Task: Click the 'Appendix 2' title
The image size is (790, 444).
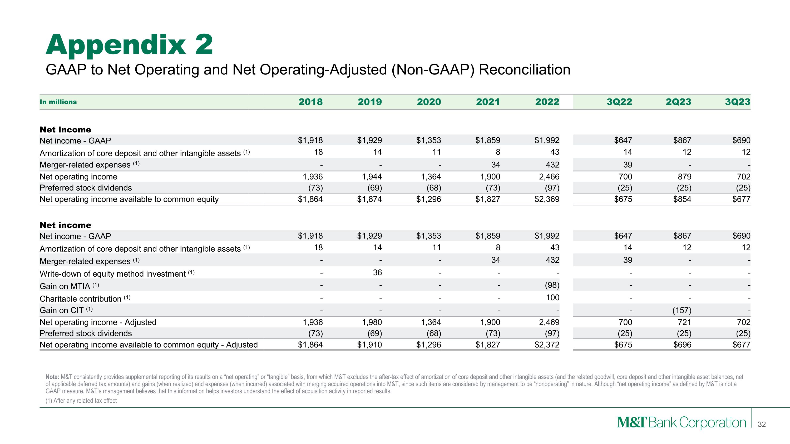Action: click(x=129, y=45)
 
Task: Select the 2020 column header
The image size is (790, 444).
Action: click(x=429, y=102)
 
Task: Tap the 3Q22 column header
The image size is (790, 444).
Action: click(x=619, y=102)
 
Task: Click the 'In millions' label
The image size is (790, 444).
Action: click(x=58, y=102)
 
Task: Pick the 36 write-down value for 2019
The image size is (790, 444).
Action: click(x=377, y=272)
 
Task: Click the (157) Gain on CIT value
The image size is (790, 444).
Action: click(x=682, y=310)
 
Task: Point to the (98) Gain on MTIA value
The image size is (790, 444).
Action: click(x=552, y=285)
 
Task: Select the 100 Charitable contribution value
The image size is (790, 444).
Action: click(x=553, y=297)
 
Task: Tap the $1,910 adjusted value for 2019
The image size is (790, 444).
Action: click(x=369, y=345)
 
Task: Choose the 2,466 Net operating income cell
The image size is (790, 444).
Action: click(x=549, y=177)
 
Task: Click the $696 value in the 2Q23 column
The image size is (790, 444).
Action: click(x=682, y=345)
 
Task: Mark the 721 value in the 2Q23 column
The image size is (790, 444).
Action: click(x=684, y=322)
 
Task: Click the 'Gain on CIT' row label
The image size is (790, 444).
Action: click(x=62, y=310)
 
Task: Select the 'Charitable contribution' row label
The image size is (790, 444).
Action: click(x=81, y=299)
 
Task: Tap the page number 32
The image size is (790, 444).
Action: click(x=762, y=424)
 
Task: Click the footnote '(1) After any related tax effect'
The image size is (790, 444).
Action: click(x=81, y=401)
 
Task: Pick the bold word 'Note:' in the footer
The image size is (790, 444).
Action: click(x=52, y=377)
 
